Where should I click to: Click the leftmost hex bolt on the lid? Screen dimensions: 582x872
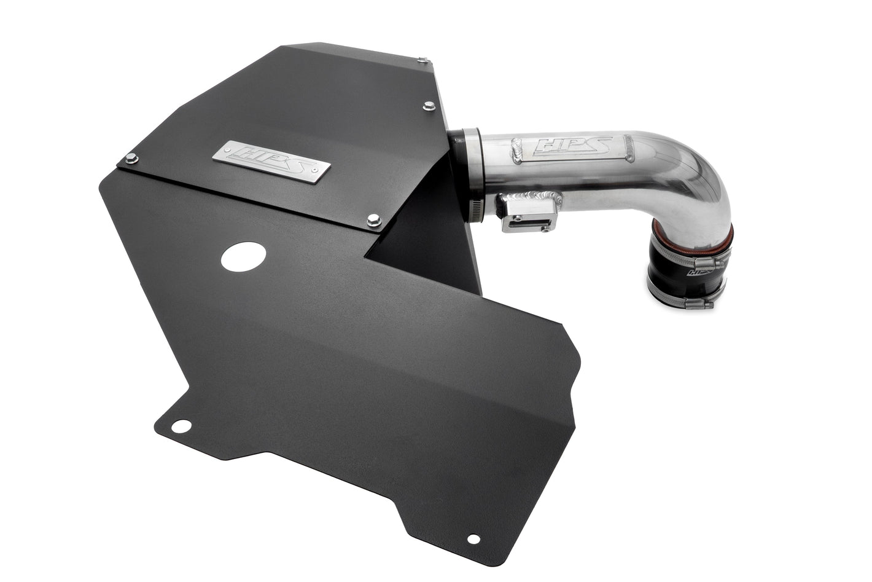(131, 159)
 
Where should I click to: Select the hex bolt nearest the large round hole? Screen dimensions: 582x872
(373, 220)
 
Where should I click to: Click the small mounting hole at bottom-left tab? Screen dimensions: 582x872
(181, 425)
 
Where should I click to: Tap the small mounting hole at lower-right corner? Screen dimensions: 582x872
(473, 538)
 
